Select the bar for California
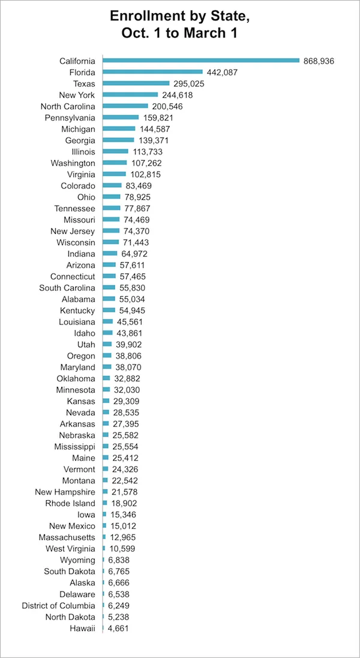(201, 61)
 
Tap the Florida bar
(153, 72)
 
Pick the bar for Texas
(136, 83)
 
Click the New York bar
(130, 95)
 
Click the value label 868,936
(319, 61)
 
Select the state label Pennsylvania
(70, 118)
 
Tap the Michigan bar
(119, 129)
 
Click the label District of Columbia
(58, 606)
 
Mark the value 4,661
(118, 629)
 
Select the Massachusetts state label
(67, 537)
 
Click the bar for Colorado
(112, 186)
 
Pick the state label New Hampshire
(65, 492)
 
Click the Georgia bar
(118, 140)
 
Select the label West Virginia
(70, 549)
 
